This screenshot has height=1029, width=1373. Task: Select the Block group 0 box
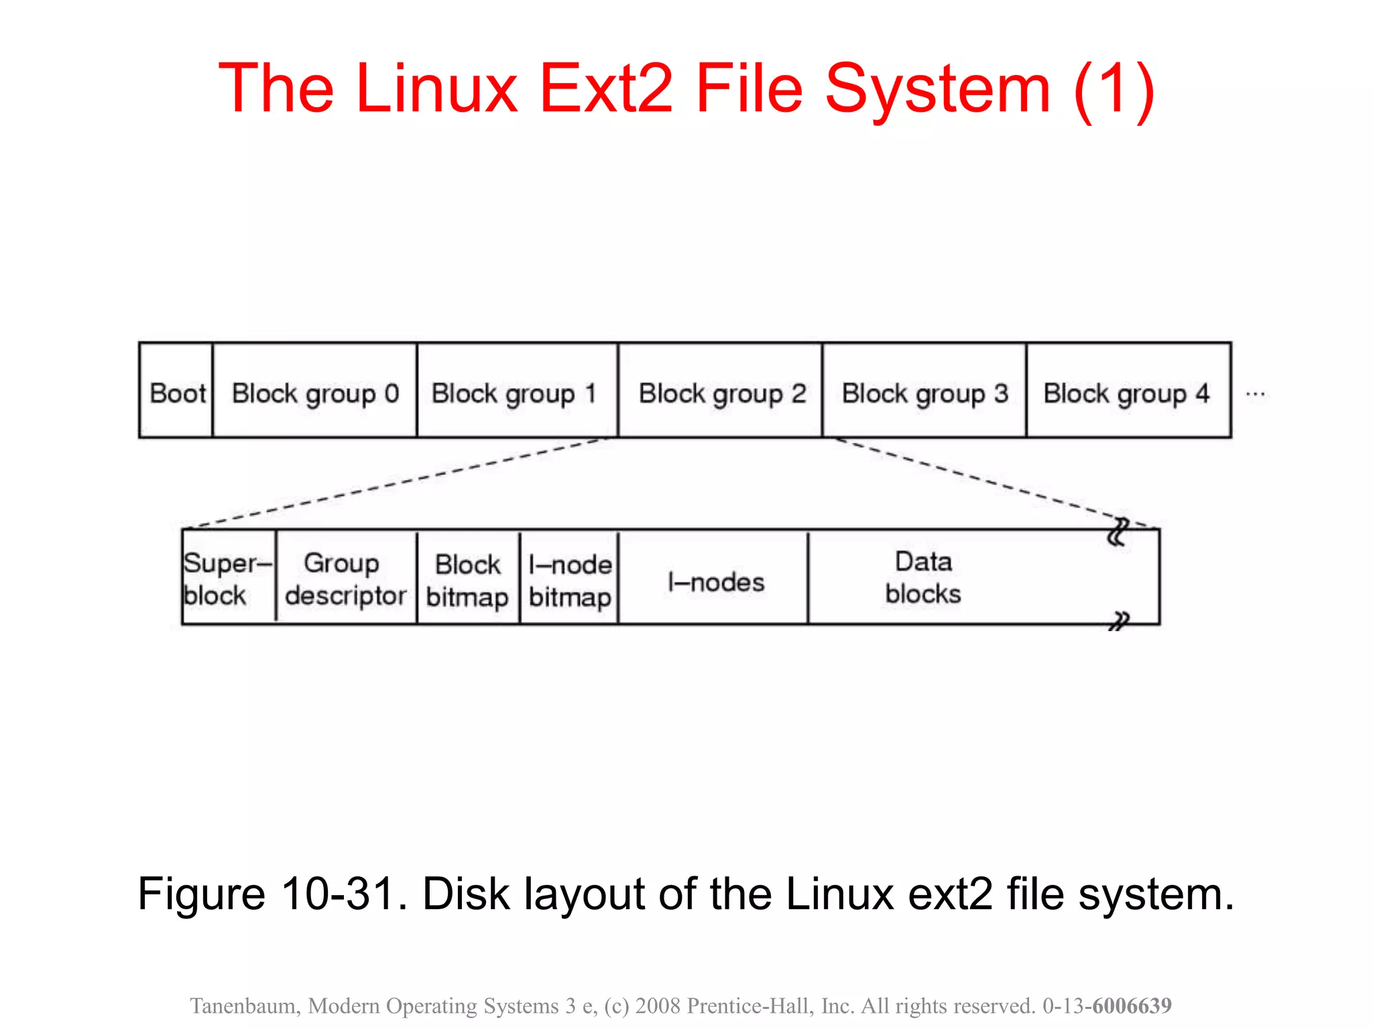click(315, 392)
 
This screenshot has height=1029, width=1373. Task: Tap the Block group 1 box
click(517, 392)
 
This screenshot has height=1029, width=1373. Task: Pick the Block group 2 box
click(721, 392)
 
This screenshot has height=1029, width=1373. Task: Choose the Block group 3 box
click(924, 392)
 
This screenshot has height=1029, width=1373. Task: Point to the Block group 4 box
click(1128, 392)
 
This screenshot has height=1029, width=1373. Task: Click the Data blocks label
click(923, 577)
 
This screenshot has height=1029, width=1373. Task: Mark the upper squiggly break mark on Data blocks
click(1118, 533)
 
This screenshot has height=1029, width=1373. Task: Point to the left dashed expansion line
click(396, 482)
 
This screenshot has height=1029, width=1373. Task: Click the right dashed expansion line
click(992, 482)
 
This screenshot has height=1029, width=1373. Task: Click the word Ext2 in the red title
click(606, 88)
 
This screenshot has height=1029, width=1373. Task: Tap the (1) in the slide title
click(1114, 88)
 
